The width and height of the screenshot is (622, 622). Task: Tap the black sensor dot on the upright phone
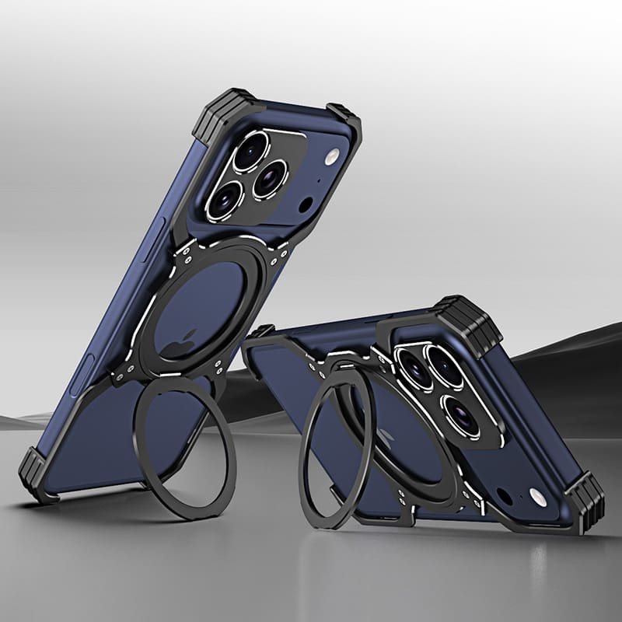point(306,205)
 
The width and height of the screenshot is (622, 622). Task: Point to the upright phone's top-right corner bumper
point(344,119)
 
